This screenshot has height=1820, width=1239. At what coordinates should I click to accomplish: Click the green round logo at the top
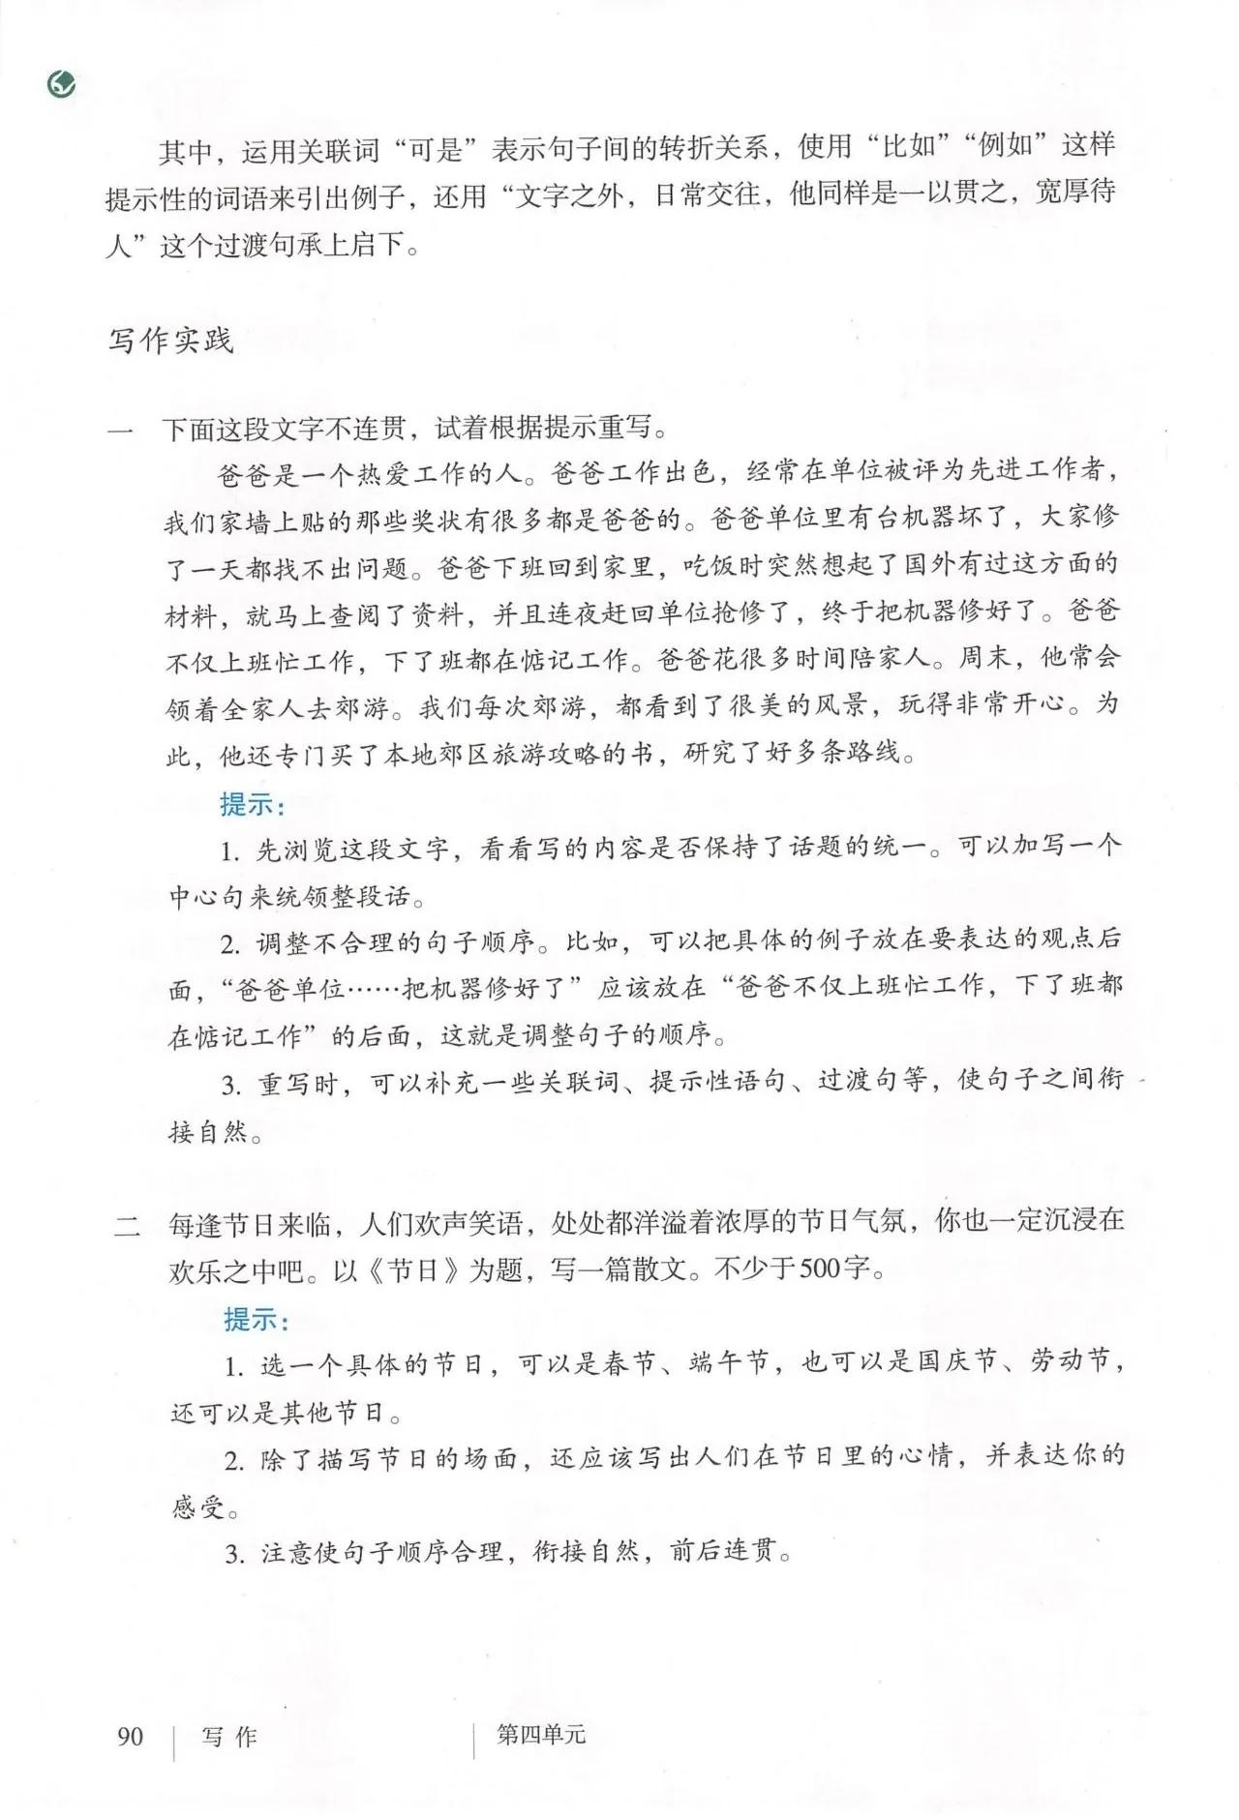click(61, 86)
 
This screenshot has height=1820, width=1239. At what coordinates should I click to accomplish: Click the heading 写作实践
click(170, 342)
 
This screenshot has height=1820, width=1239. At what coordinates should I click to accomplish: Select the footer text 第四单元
click(541, 1734)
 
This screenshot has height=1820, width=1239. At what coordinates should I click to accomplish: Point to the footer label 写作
click(229, 1736)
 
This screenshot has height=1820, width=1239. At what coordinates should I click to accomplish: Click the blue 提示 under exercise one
click(251, 805)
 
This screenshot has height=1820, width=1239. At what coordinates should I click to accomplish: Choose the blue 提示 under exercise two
click(256, 1320)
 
